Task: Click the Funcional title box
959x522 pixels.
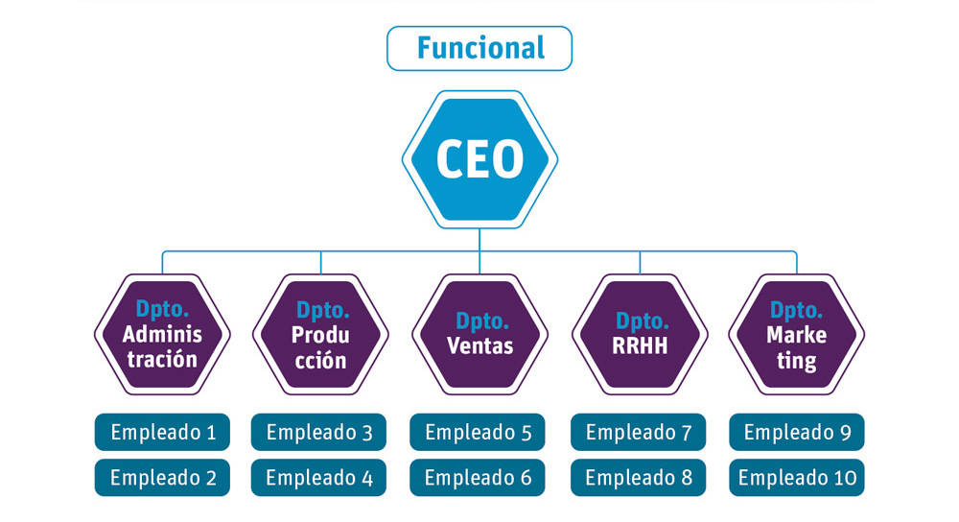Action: click(479, 48)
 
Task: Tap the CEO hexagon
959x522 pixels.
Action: click(479, 158)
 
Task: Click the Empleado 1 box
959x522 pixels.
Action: click(162, 432)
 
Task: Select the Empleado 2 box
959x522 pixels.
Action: click(162, 477)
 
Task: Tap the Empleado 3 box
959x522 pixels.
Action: click(319, 432)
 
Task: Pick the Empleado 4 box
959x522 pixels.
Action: click(319, 477)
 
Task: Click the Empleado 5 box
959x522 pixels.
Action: click(478, 432)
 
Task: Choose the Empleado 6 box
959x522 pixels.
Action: click(478, 477)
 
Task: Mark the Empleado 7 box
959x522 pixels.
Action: click(638, 432)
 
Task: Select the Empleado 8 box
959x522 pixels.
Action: click(638, 477)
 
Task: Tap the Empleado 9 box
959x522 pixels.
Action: click(797, 432)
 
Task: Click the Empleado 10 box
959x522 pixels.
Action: click(797, 477)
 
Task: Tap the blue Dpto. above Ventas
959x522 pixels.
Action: click(479, 320)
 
